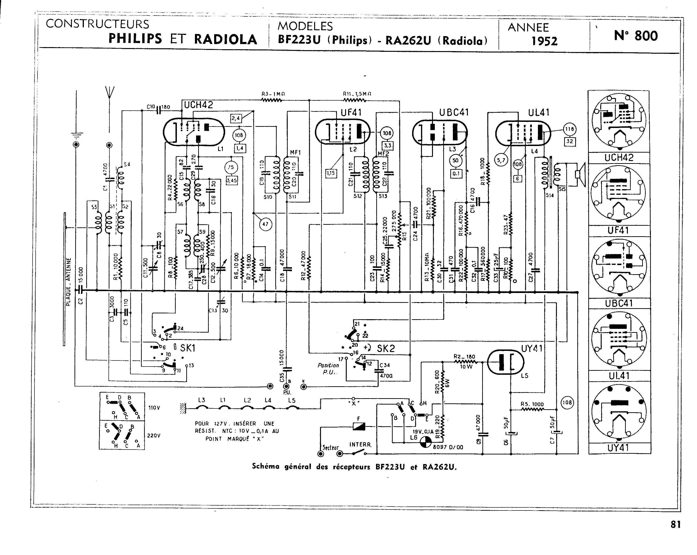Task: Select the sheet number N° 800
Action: pos(636,36)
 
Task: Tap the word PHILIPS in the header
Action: pos(135,39)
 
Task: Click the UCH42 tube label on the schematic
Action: pos(198,105)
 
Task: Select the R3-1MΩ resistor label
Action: pos(273,94)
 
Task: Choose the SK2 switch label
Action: pos(386,348)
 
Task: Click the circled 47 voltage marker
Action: pos(265,224)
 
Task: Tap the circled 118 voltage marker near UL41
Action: pos(569,129)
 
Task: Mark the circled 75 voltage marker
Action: pos(231,167)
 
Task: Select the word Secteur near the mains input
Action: pos(330,448)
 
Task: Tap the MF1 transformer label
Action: pos(295,152)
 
